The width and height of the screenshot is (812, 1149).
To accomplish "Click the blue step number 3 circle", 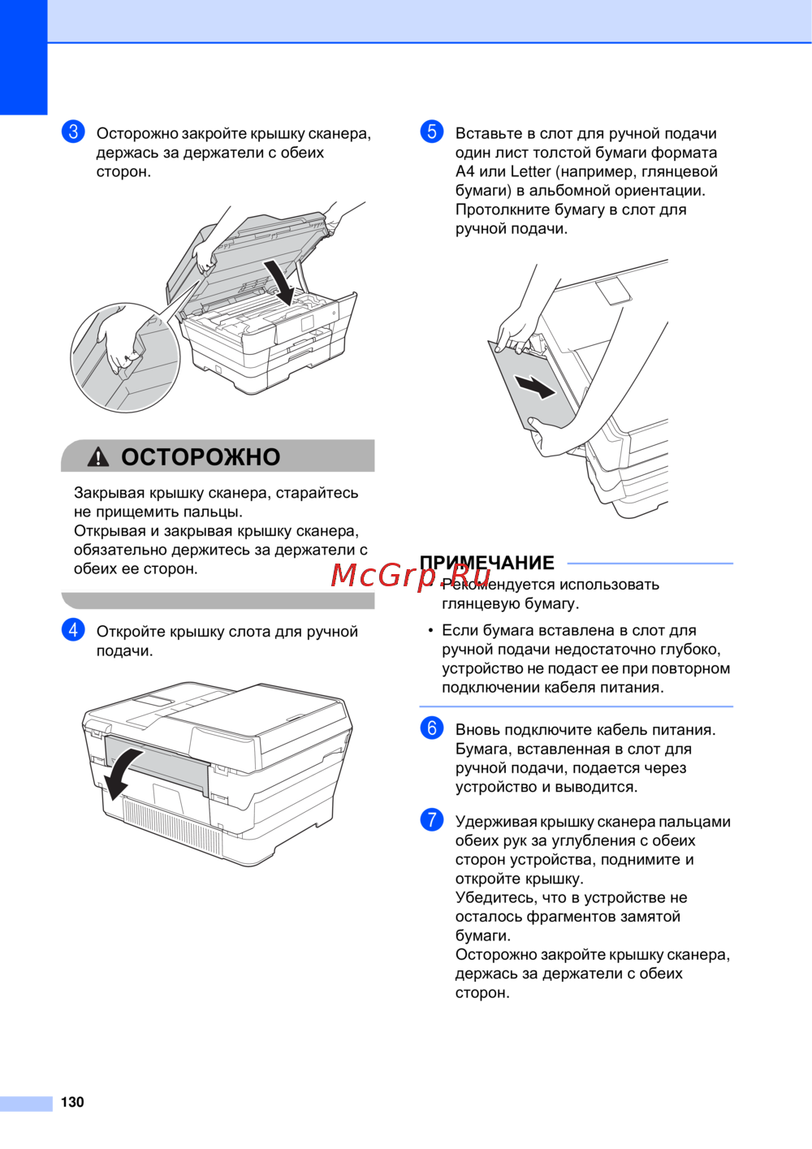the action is [73, 132].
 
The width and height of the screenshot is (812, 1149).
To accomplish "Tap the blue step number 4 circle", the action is [73, 629].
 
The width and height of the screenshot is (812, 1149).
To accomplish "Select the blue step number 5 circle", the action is [432, 132].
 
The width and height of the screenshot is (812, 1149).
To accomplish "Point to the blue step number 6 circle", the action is [432, 728].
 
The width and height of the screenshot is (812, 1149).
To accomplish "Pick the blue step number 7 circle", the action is [432, 819].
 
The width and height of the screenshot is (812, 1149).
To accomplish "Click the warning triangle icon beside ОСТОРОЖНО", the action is [98, 456].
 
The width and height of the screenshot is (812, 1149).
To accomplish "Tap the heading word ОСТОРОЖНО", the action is [201, 456].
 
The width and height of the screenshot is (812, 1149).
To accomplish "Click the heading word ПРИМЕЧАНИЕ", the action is [486, 563].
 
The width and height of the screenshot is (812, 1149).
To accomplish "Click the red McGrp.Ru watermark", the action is [410, 575].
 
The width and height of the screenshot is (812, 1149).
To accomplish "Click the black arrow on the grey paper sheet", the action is [535, 387].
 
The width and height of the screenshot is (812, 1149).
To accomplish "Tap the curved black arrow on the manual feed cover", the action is [121, 773].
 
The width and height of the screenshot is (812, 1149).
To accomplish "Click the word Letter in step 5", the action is [530, 171].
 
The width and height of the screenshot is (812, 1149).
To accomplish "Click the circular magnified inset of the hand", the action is [125, 357].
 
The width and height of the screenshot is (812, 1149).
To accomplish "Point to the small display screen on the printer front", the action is [307, 323].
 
